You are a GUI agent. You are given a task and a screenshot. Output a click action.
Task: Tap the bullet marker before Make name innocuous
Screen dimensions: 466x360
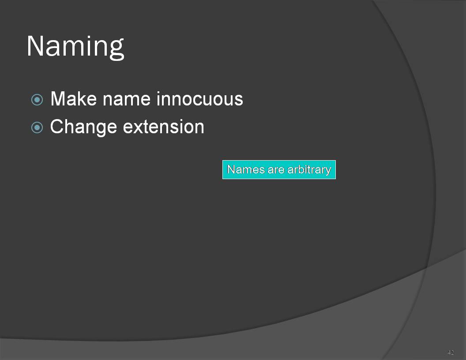coord(37,100)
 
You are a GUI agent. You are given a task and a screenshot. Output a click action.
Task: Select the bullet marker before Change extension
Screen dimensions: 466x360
coord(37,128)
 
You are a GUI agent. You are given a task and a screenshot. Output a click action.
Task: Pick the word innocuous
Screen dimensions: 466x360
coord(200,99)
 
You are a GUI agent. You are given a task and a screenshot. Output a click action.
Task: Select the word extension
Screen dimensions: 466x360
coord(164,127)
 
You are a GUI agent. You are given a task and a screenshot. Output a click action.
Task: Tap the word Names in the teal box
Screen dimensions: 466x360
coord(245,169)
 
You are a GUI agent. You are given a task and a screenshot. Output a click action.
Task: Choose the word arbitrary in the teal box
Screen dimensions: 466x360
coord(309,170)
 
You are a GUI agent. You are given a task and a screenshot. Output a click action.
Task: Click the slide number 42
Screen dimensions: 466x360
coord(451,352)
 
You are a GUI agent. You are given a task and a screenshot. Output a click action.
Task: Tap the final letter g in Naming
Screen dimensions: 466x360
coord(116,50)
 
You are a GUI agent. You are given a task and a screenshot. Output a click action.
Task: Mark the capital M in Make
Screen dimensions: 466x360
coord(58,99)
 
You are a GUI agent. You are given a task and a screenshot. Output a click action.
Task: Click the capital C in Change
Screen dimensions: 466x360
coord(57,127)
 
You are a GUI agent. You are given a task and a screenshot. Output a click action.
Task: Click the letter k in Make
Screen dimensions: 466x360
coord(81,99)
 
